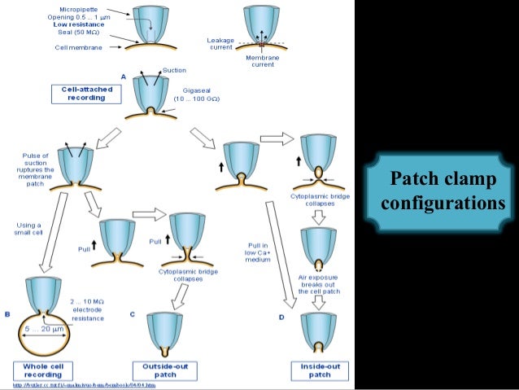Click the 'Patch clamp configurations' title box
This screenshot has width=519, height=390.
coord(442,190)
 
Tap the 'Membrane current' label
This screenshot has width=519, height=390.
coord(264,61)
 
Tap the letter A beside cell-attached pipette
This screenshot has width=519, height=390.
coord(123,76)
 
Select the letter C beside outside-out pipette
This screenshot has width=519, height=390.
coord(133,314)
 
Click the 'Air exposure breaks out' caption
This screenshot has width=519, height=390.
coord(319,282)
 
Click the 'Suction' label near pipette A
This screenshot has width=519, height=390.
coord(174,70)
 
